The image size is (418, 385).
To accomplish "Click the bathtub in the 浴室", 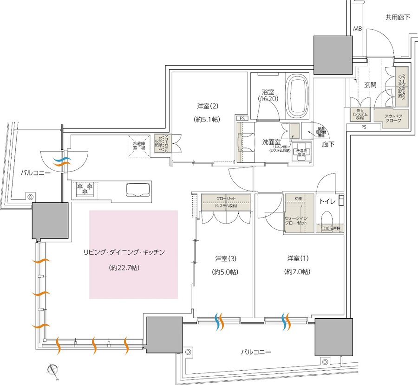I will [297, 97].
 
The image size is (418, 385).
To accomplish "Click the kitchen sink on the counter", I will [138, 190].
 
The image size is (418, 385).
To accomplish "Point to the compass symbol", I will [54, 371].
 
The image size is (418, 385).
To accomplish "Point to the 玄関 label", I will [370, 85].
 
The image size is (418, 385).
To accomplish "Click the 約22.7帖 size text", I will [124, 268].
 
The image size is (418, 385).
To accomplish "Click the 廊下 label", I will [327, 144].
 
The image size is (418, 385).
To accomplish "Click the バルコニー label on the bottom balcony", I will [255, 352].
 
